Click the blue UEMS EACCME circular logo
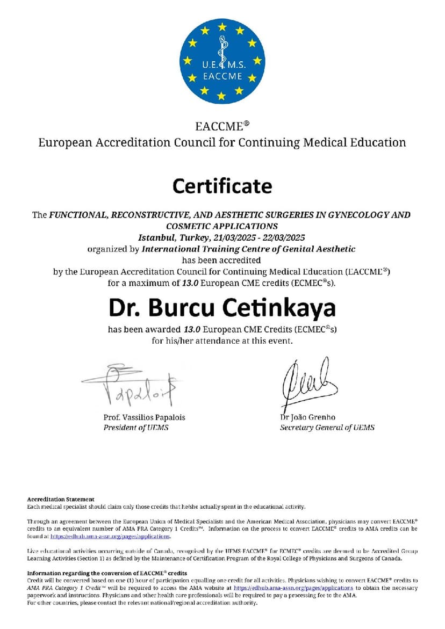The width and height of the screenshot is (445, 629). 221,61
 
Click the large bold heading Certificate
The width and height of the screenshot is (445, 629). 222,186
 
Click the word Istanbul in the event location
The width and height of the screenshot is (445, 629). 155,237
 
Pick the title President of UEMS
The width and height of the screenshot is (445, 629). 137,428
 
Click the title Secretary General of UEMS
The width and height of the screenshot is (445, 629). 327,428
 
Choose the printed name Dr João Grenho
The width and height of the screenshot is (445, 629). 310,417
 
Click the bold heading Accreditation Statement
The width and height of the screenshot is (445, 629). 61,499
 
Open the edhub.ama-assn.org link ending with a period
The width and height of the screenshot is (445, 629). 110,536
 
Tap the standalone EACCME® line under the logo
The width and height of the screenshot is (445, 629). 222,127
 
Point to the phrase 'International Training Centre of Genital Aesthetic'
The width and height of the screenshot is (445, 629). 248,249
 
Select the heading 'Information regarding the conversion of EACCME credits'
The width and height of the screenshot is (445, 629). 107,573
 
